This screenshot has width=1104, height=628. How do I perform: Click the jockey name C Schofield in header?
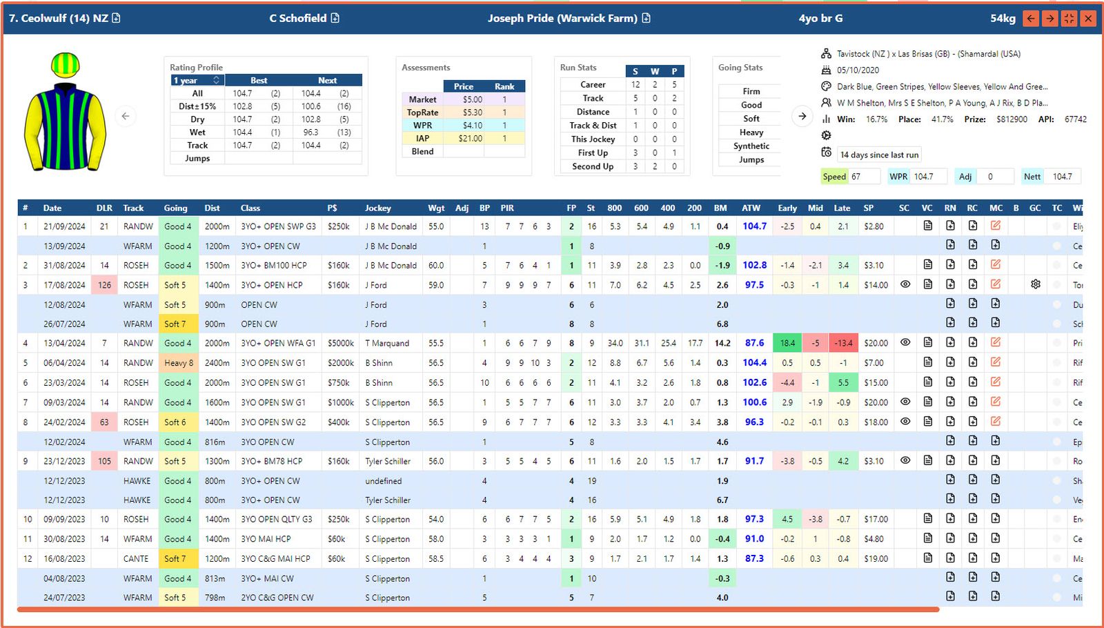(x=298, y=19)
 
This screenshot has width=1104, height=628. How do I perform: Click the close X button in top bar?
(x=1088, y=19)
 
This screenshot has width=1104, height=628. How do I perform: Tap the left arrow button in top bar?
(x=1031, y=19)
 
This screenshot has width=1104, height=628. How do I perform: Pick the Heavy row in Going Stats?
(x=751, y=133)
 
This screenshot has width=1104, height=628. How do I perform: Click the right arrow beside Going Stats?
(x=802, y=116)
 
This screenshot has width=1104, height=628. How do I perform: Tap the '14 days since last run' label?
(x=879, y=155)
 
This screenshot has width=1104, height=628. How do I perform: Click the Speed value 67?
(x=856, y=177)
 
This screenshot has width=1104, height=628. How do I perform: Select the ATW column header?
(x=751, y=208)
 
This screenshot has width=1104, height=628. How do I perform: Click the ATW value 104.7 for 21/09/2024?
(x=754, y=226)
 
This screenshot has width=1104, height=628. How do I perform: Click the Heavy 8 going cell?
(x=179, y=363)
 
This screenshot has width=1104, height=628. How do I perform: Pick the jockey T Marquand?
(x=387, y=343)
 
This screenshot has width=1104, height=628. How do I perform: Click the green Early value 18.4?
(x=787, y=343)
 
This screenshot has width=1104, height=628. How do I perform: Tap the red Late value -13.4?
(x=842, y=343)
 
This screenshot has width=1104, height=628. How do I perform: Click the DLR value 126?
(x=104, y=285)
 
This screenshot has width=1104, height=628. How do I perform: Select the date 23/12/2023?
(x=64, y=462)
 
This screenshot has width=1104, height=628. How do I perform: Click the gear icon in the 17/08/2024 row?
(x=1035, y=284)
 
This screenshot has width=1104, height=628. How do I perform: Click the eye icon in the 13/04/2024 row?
(x=905, y=342)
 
